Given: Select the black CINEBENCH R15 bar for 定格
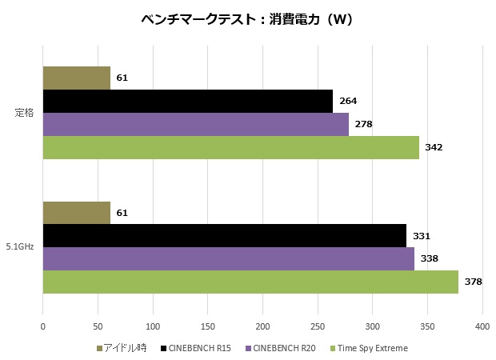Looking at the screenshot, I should tap(187, 101).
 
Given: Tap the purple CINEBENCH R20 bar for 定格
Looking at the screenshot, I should tap(195, 124).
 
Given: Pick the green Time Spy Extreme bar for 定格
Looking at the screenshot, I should tap(230, 147).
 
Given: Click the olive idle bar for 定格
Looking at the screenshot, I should tap(76, 78).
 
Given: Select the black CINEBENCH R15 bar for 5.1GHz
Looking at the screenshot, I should tap(224, 236).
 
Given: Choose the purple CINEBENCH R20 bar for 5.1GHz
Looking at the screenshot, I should tap(228, 258).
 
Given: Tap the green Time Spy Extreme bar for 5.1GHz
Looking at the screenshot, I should tap(250, 282).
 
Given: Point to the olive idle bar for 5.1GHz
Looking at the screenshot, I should tap(76, 213).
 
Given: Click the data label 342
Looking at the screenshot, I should tap(434, 147).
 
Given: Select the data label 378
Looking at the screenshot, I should tap(474, 282).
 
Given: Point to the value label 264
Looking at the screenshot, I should tap(348, 101).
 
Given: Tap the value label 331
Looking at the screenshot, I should tap(422, 236).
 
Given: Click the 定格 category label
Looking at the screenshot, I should tap(24, 113).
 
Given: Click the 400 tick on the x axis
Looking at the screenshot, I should tap(482, 326).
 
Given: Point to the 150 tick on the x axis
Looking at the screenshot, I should tap(207, 326).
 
